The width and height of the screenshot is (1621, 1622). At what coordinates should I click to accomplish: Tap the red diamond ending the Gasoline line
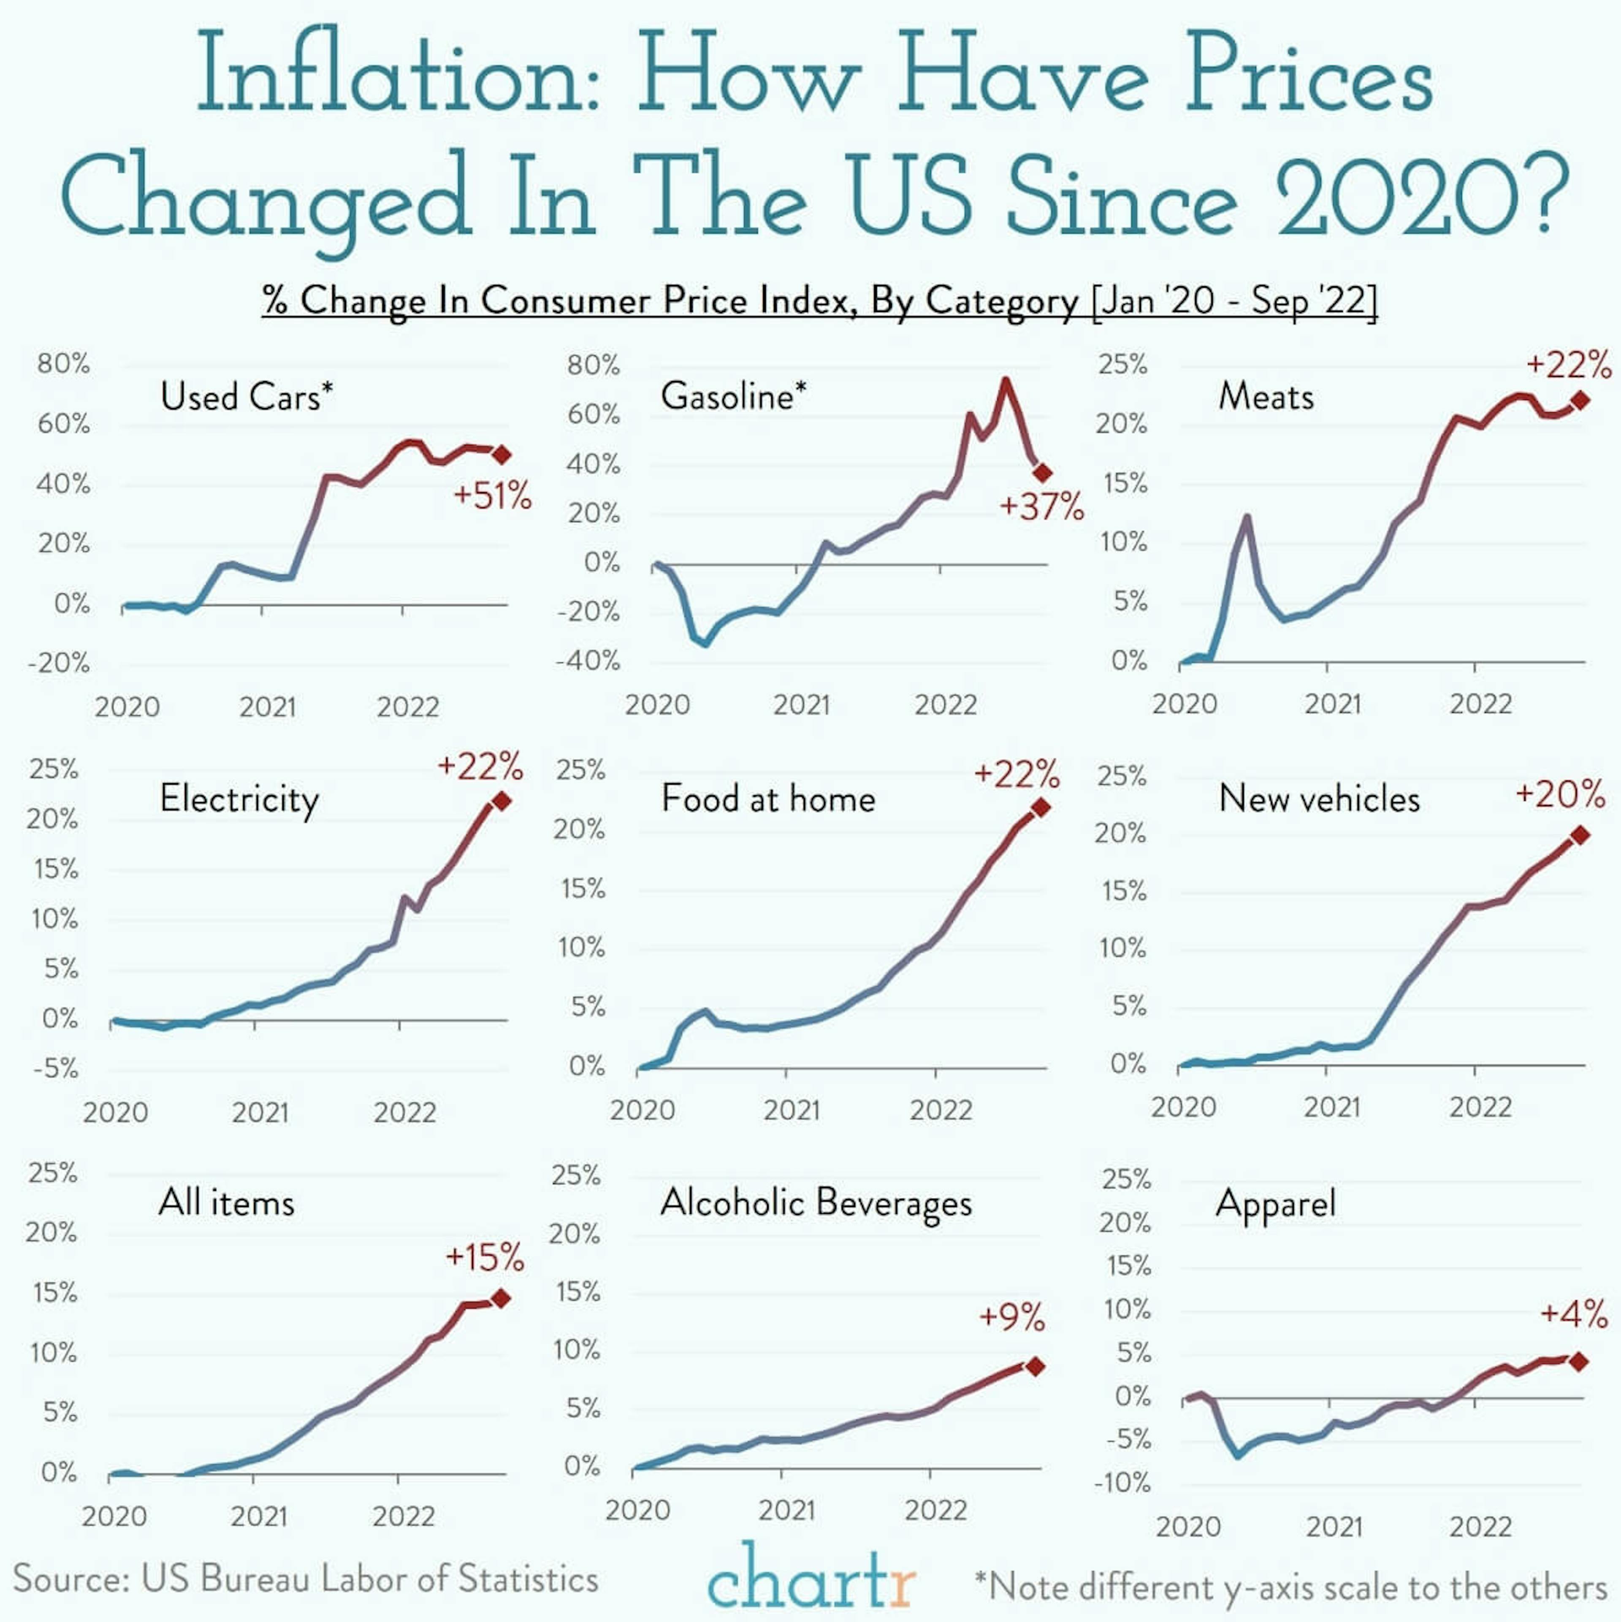tap(1042, 473)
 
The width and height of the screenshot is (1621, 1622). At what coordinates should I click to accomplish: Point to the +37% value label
tap(1041, 507)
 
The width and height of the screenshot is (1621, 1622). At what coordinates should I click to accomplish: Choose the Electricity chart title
tap(239, 799)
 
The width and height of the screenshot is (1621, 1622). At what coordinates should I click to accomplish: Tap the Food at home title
tap(768, 799)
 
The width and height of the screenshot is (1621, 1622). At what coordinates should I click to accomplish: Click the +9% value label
tap(1012, 1317)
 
